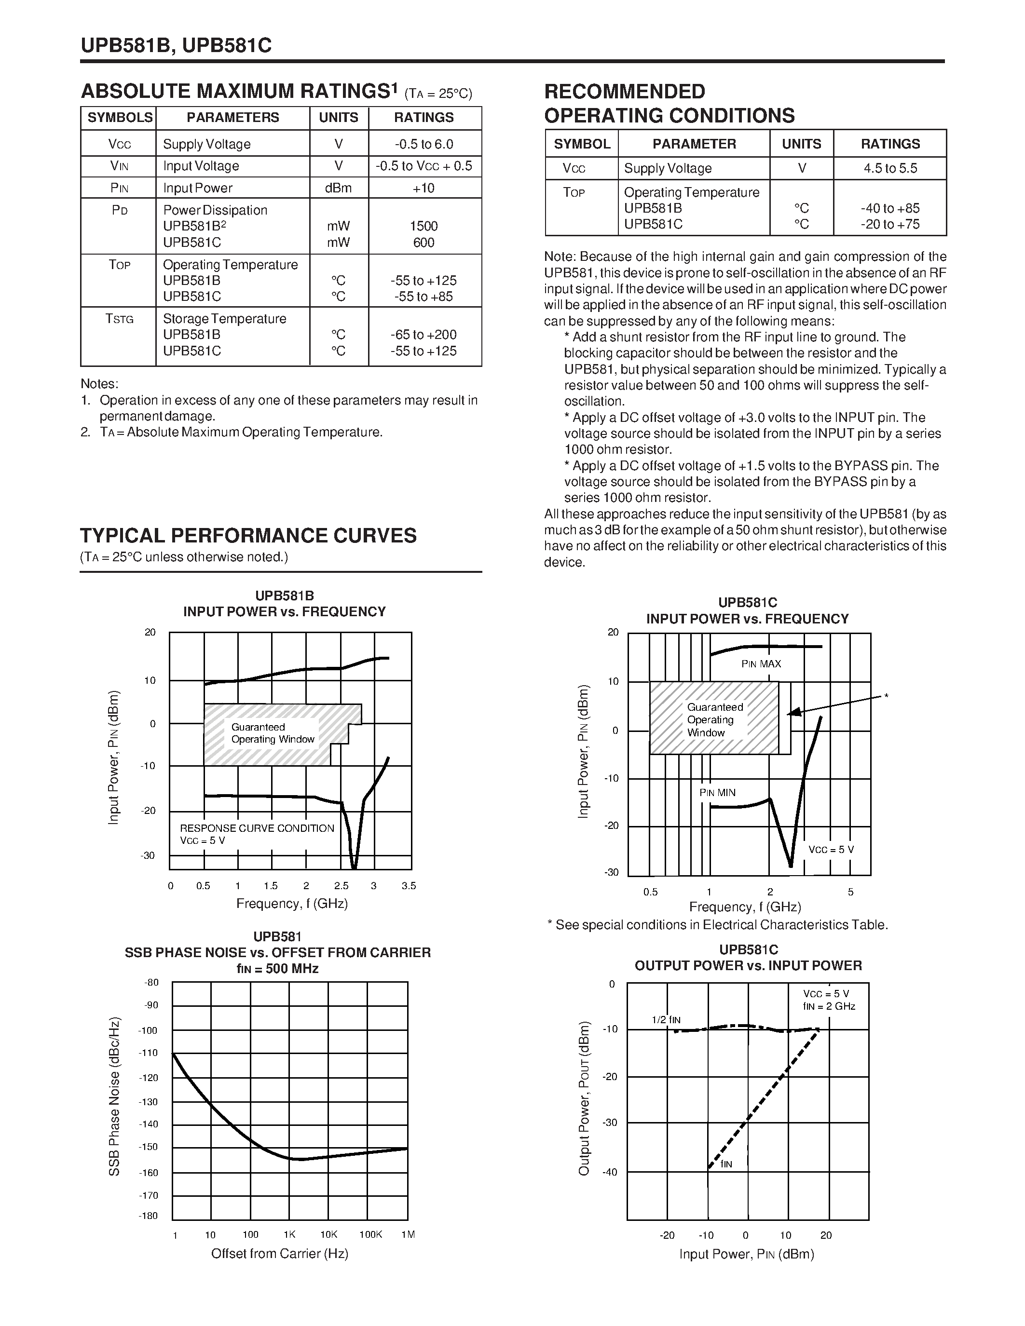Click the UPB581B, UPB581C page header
[176, 45]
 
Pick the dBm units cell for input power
[338, 188]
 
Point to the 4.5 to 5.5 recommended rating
[890, 168]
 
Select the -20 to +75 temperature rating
[890, 224]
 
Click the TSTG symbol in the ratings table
[119, 319]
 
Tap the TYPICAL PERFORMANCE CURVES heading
[248, 536]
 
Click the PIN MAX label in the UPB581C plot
[761, 663]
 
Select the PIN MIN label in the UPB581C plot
[717, 792]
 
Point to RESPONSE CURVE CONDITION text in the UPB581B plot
[257, 828]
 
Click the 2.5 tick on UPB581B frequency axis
[341, 886]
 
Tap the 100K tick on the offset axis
[370, 1234]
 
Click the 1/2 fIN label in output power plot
[666, 1019]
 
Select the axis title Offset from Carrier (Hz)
[279, 1254]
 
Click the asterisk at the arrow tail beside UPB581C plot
[886, 696]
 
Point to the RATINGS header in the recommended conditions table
[890, 144]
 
